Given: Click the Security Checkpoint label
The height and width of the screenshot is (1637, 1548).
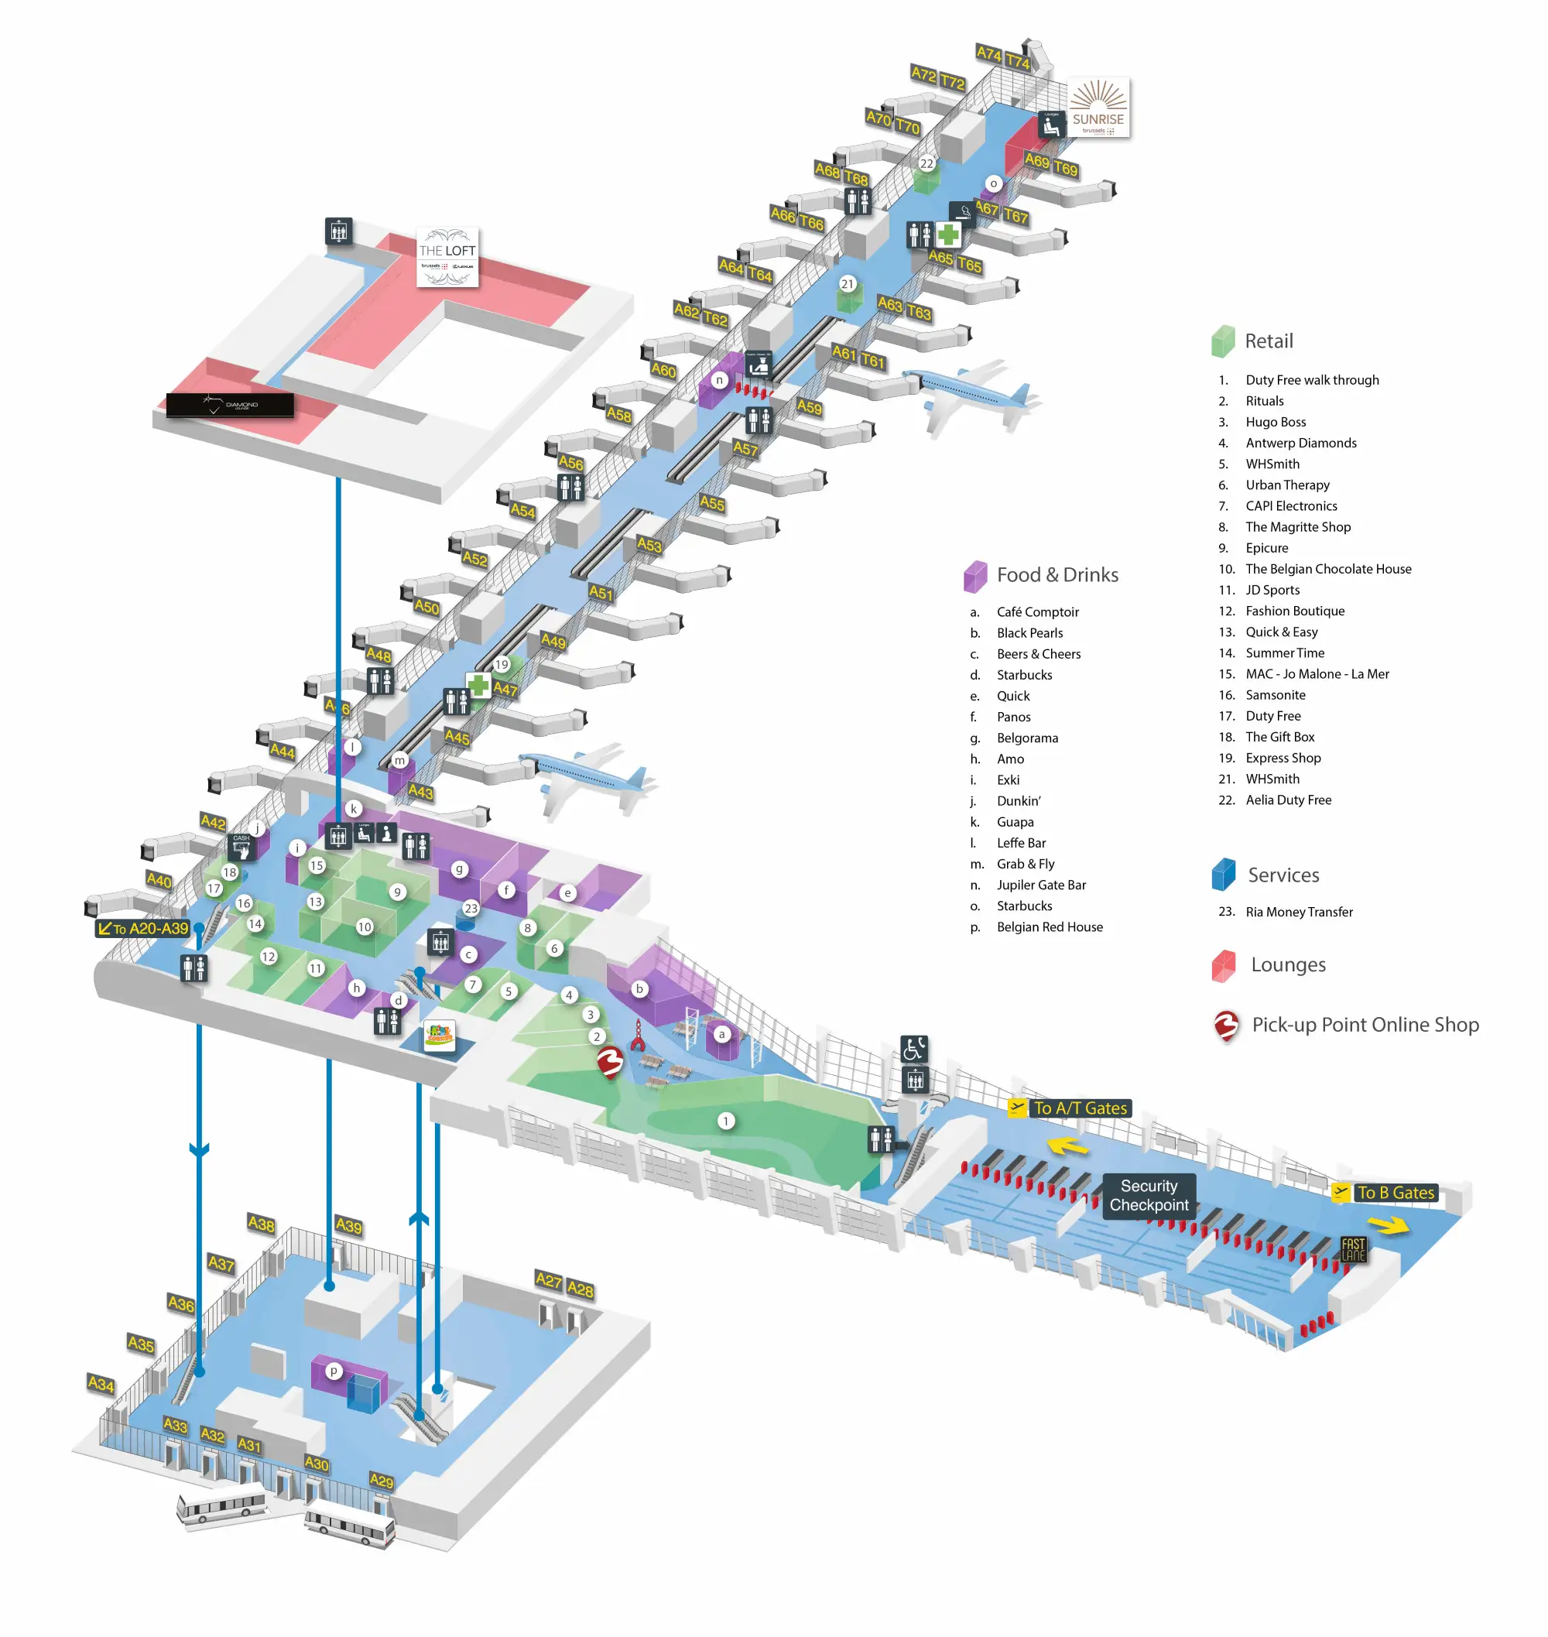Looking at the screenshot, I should tap(1149, 1196).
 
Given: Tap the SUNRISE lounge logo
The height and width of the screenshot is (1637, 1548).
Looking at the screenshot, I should tap(1098, 108).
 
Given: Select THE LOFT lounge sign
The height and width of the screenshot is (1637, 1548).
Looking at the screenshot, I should tap(447, 257).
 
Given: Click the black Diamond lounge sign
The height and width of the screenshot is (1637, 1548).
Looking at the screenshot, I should tap(230, 405).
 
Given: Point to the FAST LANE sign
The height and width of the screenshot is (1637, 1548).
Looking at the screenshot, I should tap(1353, 1249).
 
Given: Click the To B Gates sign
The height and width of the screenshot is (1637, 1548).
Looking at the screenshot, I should tap(1395, 1192).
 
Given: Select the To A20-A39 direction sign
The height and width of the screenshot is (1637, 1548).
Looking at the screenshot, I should tap(144, 928).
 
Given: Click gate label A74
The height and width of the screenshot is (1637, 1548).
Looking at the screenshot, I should tap(988, 53).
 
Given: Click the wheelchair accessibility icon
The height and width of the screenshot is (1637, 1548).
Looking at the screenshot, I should tap(913, 1049).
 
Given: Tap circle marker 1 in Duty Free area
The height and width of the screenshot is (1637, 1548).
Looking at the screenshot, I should tap(725, 1121).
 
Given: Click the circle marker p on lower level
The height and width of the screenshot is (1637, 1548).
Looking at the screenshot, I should tap(334, 1371).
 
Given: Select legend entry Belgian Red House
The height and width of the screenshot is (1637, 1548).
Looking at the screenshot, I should tap(1049, 926).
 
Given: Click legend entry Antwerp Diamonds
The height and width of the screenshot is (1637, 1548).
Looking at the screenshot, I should tap(1300, 443).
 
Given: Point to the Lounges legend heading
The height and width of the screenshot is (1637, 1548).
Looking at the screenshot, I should tap(1288, 964).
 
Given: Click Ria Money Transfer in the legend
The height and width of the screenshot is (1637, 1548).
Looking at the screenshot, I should tap(1299, 912).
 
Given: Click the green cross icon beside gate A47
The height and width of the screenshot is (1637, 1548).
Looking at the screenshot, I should tap(478, 685).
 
